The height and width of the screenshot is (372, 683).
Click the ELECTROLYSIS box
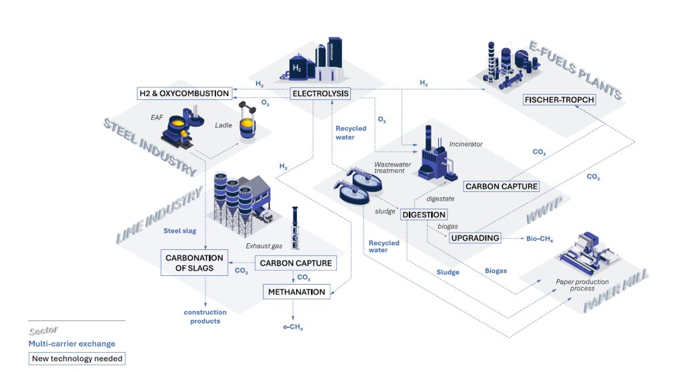(320, 93)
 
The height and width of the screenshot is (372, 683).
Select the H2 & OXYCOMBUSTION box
(184, 93)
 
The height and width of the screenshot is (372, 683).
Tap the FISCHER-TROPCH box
(560, 100)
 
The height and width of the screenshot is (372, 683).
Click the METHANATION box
(297, 292)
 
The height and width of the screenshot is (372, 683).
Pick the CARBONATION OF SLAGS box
(194, 263)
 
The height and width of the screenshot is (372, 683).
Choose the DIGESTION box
(424, 214)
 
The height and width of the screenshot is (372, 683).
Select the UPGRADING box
(475, 238)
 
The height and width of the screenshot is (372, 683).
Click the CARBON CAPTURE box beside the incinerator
(502, 187)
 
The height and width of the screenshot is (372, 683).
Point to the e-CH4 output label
(293, 327)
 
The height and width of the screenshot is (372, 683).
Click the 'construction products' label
(205, 317)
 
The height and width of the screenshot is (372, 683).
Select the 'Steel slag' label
(180, 231)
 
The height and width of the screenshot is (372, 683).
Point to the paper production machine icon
(589, 254)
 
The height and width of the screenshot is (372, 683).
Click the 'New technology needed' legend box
(77, 359)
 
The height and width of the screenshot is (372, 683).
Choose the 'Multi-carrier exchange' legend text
(72, 344)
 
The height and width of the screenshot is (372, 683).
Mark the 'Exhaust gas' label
(264, 246)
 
